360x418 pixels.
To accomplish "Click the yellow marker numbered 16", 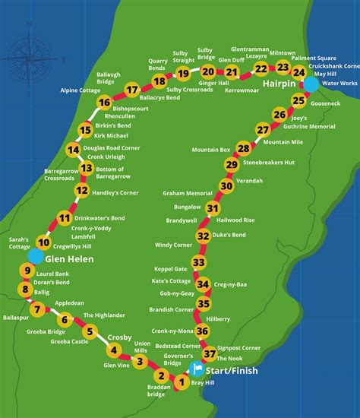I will pyautogui.click(x=105, y=103).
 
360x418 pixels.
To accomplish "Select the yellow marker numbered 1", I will pyautogui.click(x=181, y=385).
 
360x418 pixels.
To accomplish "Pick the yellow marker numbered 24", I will pyautogui.click(x=300, y=72).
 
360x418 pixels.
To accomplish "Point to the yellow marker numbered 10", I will pyautogui.click(x=44, y=243).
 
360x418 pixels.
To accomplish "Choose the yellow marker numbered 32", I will pyautogui.click(x=203, y=236).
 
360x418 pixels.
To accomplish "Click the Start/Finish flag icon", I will pyautogui.click(x=197, y=370).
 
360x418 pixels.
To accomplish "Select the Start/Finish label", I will pyautogui.click(x=233, y=371).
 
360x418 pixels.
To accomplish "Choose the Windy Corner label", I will pyautogui.click(x=174, y=245).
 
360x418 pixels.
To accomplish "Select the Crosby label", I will pyautogui.click(x=119, y=337).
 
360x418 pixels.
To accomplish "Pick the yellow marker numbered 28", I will pyautogui.click(x=243, y=148).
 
